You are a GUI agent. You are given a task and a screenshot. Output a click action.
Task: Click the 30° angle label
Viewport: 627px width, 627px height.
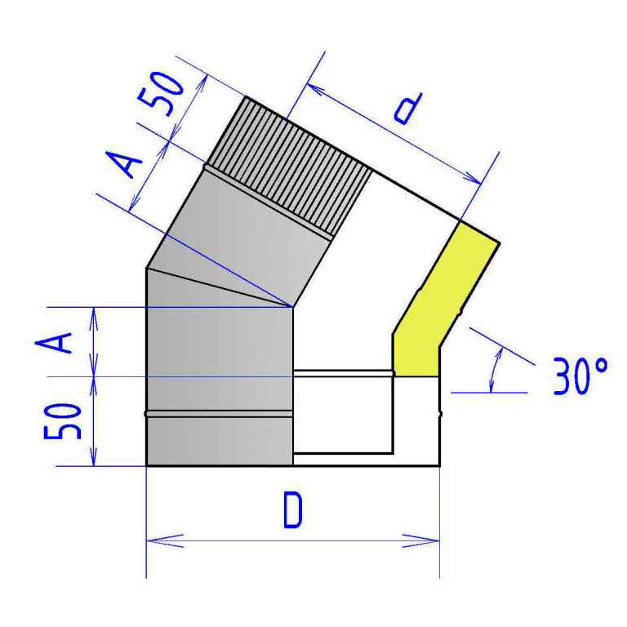580,376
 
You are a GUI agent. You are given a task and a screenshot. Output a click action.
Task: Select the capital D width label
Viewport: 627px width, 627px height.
293,510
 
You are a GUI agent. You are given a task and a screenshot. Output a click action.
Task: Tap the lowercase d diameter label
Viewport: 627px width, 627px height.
408,109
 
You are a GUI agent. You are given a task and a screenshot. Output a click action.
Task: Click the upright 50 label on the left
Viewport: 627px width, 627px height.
62,421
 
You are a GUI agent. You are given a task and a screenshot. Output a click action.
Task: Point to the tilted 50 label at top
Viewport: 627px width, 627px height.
161,94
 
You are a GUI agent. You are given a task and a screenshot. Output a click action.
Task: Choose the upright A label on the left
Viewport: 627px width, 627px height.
54,342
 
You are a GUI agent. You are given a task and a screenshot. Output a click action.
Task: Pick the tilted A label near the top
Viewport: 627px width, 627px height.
125,164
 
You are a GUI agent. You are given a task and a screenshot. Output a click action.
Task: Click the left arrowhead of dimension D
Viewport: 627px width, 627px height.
165,540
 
